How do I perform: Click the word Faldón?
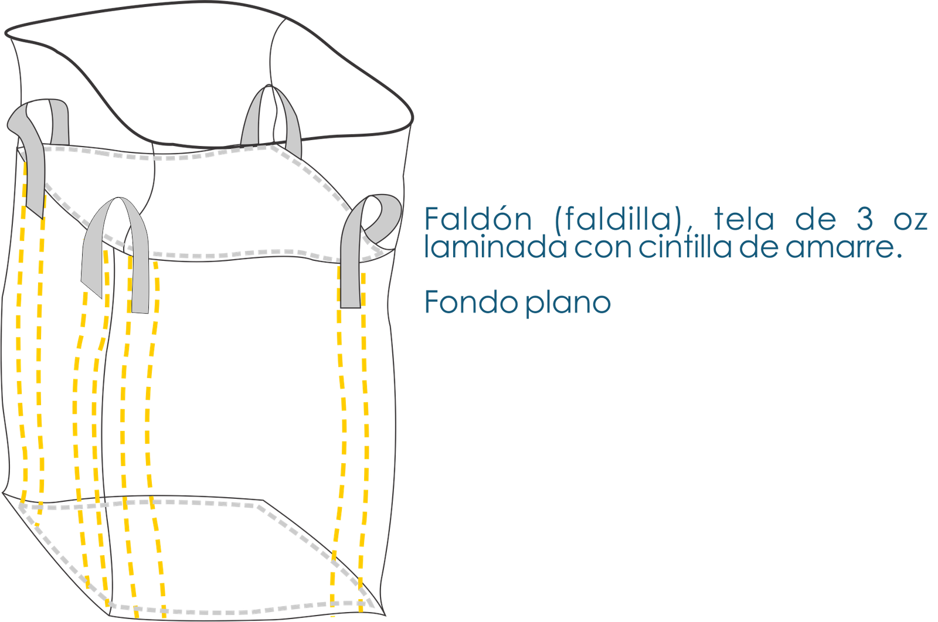click(x=478, y=218)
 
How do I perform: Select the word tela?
click(x=744, y=218)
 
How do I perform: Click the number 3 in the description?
click(x=865, y=219)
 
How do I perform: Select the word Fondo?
click(x=471, y=301)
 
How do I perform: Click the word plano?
click(x=568, y=302)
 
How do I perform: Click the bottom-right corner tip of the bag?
click(x=385, y=615)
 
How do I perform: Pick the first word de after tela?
click(x=815, y=218)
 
